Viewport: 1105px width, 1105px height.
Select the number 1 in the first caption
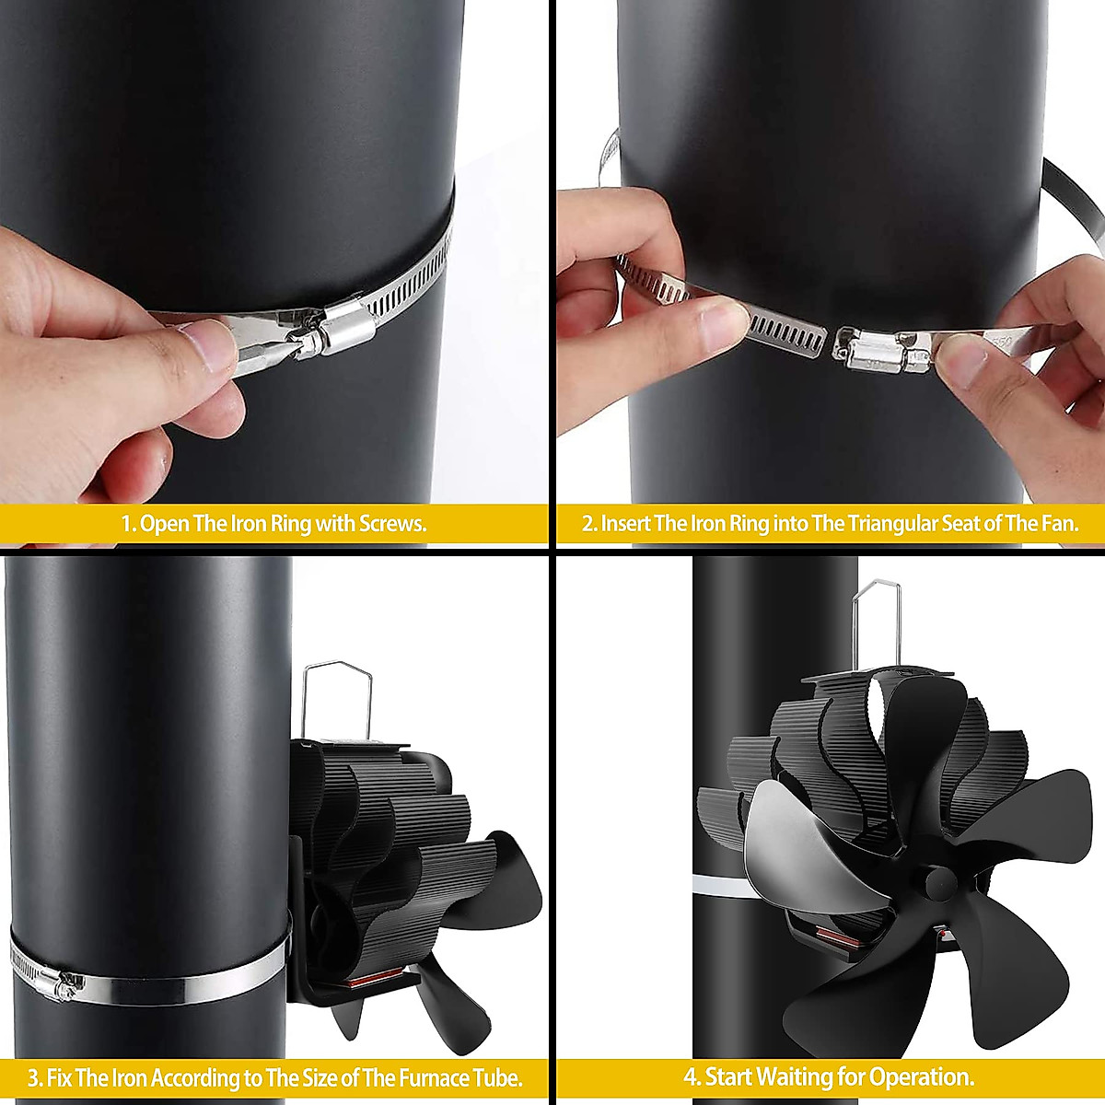(x=127, y=524)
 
